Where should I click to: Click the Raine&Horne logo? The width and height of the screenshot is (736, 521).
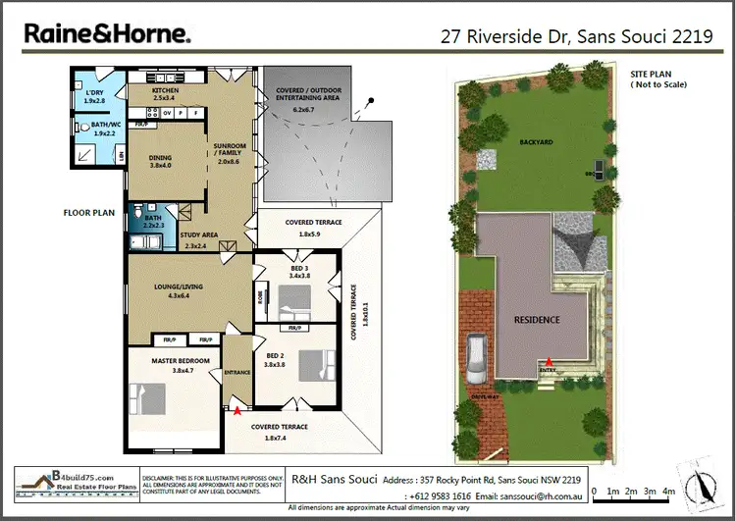pyautogui.click(x=107, y=35)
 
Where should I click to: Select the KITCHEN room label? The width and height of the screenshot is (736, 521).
pyautogui.click(x=165, y=91)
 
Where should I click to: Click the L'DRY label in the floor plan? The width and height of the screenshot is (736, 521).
pyautogui.click(x=93, y=95)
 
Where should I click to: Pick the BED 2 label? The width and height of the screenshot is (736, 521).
pyautogui.click(x=275, y=355)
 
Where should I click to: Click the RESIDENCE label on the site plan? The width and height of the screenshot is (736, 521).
pyautogui.click(x=537, y=320)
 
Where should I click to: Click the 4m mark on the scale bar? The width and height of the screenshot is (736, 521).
pyautogui.click(x=669, y=490)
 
